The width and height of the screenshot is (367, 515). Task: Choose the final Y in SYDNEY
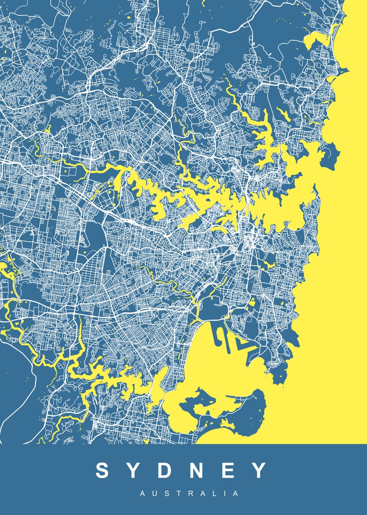[260, 470]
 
